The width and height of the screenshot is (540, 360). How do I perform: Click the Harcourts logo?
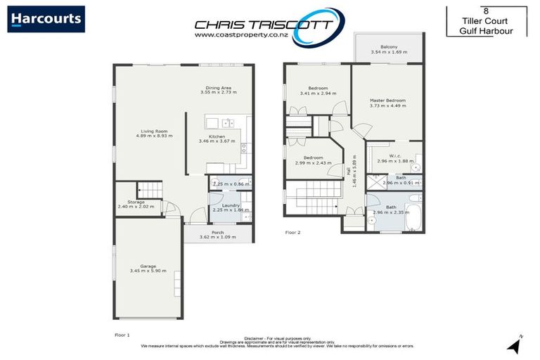46,19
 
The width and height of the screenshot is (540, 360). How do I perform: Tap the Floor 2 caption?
293,231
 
